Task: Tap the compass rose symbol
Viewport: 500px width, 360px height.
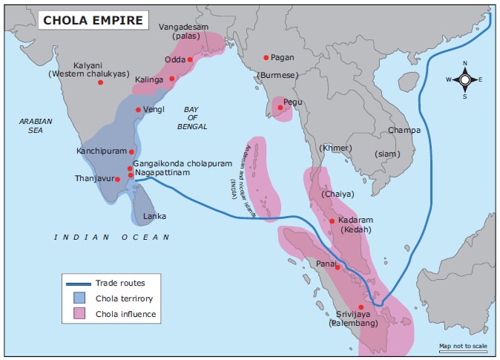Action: point(464,79)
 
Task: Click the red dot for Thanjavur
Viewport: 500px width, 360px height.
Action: point(118,180)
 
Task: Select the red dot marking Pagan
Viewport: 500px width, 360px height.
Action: point(266,57)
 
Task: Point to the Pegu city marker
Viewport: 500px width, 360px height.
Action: point(280,108)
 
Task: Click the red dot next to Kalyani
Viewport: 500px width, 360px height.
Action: point(100,82)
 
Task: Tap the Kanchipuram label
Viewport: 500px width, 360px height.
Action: point(102,151)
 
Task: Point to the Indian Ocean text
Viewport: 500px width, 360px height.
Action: point(111,237)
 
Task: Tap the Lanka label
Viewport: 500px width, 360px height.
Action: point(154,217)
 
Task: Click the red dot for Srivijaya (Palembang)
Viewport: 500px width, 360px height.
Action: point(361,307)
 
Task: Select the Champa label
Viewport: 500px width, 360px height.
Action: point(404,130)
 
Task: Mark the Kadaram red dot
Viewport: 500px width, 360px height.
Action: point(332,220)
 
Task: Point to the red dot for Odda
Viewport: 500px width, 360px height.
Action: point(190,59)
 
